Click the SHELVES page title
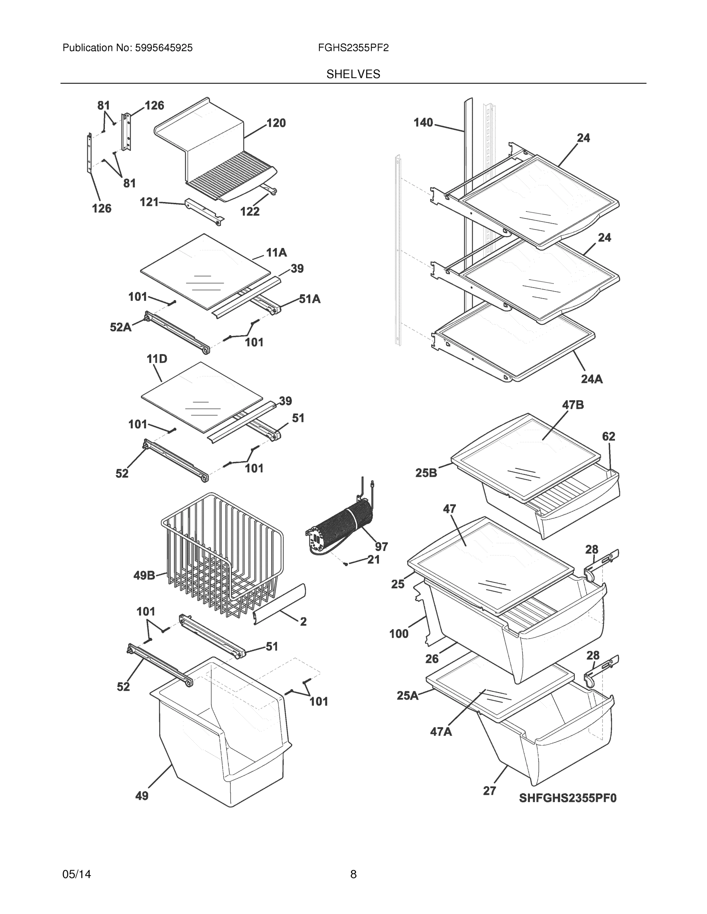tap(353, 74)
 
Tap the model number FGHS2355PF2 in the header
tap(353, 48)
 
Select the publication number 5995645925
tap(164, 48)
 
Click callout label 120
tap(276, 123)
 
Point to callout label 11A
tap(276, 252)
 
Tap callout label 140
tap(423, 123)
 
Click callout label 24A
tap(592, 379)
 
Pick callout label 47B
tap(572, 405)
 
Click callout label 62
tap(609, 436)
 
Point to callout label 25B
tap(426, 473)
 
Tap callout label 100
tap(398, 634)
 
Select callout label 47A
tap(441, 732)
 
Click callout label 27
tap(489, 791)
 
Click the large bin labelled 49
tap(222, 737)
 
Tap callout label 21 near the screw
tap(373, 559)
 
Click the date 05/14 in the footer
tap(77, 874)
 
